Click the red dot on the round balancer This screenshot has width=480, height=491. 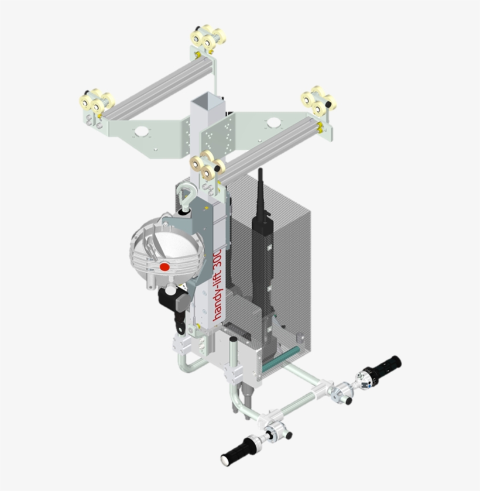click(164, 267)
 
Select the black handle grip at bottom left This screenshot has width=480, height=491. click(238, 452)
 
